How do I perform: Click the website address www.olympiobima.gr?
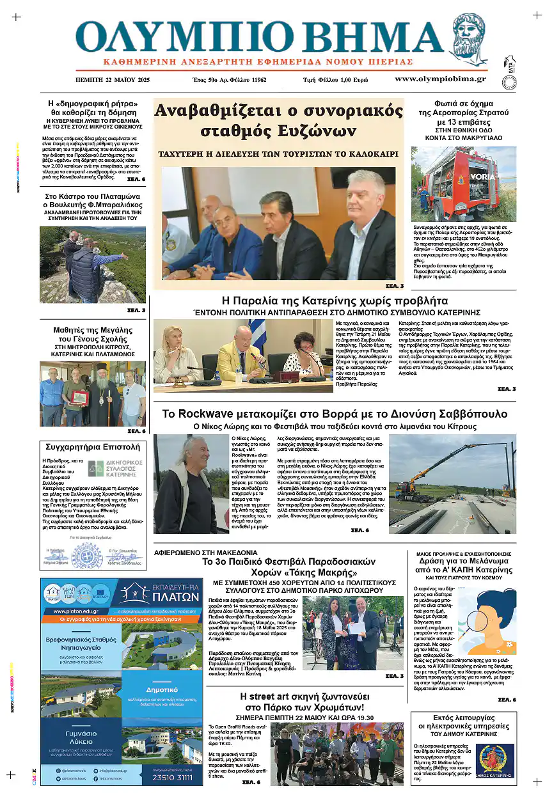[440, 79]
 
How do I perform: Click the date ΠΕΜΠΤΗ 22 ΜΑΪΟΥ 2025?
[112, 80]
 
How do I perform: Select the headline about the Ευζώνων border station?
[279, 120]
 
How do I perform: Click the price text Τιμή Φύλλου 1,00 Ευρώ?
[335, 80]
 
